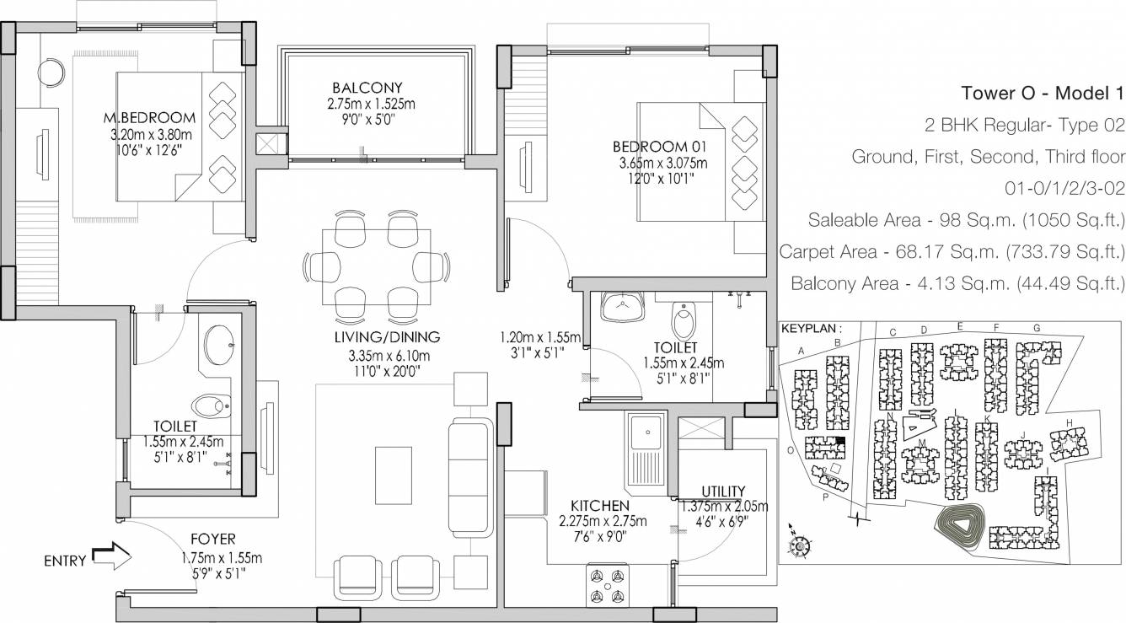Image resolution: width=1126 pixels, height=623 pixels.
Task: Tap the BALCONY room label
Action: pyautogui.click(x=367, y=88)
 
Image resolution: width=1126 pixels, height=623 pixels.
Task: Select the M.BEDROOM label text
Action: pyautogui.click(x=149, y=118)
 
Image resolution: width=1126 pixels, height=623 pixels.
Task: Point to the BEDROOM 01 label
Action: pyautogui.click(x=660, y=147)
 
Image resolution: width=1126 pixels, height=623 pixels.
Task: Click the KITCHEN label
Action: pyautogui.click(x=600, y=505)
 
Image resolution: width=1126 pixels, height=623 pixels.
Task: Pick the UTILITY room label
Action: pyautogui.click(x=723, y=491)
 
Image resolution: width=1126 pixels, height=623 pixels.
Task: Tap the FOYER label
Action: pyautogui.click(x=213, y=539)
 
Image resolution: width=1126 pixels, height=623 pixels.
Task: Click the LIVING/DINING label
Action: pyautogui.click(x=387, y=337)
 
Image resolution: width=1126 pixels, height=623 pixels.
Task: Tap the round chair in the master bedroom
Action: pyautogui.click(x=51, y=73)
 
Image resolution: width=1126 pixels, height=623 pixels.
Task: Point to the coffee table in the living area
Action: pyautogui.click(x=393, y=475)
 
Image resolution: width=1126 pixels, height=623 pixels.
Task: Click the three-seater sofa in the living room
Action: pyautogui.click(x=470, y=476)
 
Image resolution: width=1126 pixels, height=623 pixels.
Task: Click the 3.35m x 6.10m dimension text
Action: pyautogui.click(x=389, y=356)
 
